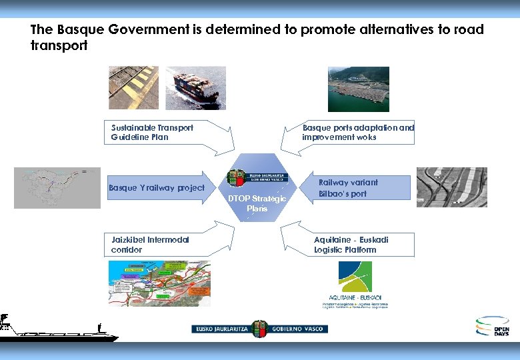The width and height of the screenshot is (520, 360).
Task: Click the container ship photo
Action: coord(195,88)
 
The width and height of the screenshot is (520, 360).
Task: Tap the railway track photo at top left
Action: coord(133,87)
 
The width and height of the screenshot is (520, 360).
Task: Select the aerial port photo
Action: coord(358,89)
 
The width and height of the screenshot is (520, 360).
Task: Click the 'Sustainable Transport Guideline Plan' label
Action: coord(153,132)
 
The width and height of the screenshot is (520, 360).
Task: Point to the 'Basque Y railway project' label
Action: coord(157,187)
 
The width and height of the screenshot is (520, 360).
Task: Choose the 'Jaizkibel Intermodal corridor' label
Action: coord(150,245)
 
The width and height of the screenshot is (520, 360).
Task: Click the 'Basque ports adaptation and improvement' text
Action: coord(358,132)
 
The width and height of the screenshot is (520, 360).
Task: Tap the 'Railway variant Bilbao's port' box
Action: coord(348,188)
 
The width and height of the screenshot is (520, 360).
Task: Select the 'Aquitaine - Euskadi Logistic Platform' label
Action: coord(351,245)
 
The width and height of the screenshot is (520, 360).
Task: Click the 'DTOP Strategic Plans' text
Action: coord(257,203)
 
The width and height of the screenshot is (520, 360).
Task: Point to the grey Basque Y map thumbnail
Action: coord(57,188)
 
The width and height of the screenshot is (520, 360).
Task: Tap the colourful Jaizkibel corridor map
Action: coord(159,283)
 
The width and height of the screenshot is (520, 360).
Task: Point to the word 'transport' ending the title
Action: coord(59,46)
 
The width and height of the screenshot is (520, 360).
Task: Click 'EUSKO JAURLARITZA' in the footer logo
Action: coord(221,329)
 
